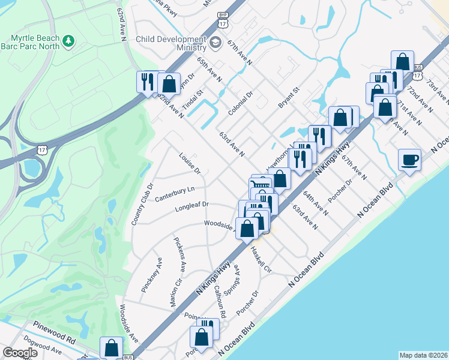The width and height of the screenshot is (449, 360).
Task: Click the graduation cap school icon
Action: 215,43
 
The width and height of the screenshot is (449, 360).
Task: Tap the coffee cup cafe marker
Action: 410,160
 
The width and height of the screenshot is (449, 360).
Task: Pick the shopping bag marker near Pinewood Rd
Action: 111,347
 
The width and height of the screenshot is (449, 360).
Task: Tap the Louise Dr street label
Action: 190,163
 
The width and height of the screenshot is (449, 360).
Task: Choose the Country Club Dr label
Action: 143,204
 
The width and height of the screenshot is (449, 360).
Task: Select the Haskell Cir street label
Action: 261,259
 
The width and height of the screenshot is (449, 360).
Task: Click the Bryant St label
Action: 288,97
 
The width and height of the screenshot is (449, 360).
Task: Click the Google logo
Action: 20,353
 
